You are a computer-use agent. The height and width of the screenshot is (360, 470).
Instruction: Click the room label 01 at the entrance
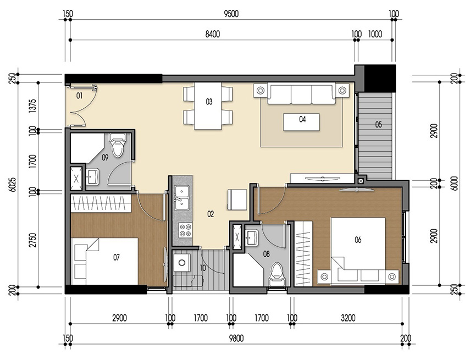coord(79,96)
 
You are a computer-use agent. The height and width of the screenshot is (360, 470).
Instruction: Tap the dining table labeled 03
coord(209,105)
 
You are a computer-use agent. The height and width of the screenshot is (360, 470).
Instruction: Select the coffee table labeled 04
coord(302,121)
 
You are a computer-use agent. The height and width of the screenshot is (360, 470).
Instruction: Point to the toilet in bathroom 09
coord(118,146)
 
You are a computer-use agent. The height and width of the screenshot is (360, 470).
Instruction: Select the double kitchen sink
coord(181,198)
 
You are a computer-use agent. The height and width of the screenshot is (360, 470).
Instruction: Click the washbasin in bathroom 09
coord(93,176)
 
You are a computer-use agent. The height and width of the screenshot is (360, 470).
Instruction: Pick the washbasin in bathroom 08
coord(253,237)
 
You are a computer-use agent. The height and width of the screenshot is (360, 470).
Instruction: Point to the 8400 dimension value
coord(212,34)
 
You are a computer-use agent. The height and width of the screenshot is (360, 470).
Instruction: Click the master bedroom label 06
coord(358,240)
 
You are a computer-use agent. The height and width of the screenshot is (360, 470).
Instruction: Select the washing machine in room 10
coord(180,262)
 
